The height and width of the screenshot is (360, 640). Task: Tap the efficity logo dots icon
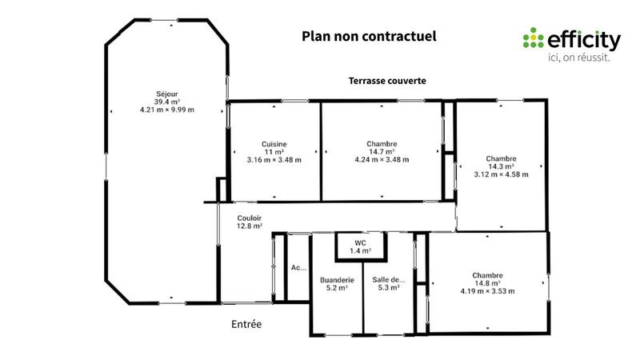pyautogui.click(x=532, y=38)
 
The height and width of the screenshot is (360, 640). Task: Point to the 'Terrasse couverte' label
pyautogui.click(x=386, y=81)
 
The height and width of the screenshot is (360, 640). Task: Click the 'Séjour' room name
pyautogui.click(x=167, y=93)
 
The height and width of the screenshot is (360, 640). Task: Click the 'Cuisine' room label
pyautogui.click(x=274, y=143)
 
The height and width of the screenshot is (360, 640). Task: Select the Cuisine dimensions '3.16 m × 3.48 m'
pyautogui.click(x=274, y=160)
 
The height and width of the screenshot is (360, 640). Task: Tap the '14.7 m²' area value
pyautogui.click(x=382, y=151)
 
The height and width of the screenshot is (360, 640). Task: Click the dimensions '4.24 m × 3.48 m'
pyautogui.click(x=382, y=160)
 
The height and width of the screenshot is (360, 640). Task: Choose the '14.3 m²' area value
pyautogui.click(x=501, y=166)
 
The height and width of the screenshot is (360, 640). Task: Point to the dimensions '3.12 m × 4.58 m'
pyautogui.click(x=501, y=174)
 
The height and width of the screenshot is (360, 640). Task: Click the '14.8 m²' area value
pyautogui.click(x=487, y=282)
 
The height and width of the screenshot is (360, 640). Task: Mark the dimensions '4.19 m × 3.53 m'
pyautogui.click(x=487, y=291)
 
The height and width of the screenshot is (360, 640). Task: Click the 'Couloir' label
pyautogui.click(x=250, y=218)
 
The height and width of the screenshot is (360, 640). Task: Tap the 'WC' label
pyautogui.click(x=360, y=242)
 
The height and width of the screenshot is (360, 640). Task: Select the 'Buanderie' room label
pyautogui.click(x=337, y=279)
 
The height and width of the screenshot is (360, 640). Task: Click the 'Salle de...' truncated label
pyautogui.click(x=389, y=279)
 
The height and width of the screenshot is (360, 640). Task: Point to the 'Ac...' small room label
pyautogui.click(x=298, y=268)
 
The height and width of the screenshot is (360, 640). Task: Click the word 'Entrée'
pyautogui.click(x=246, y=324)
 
